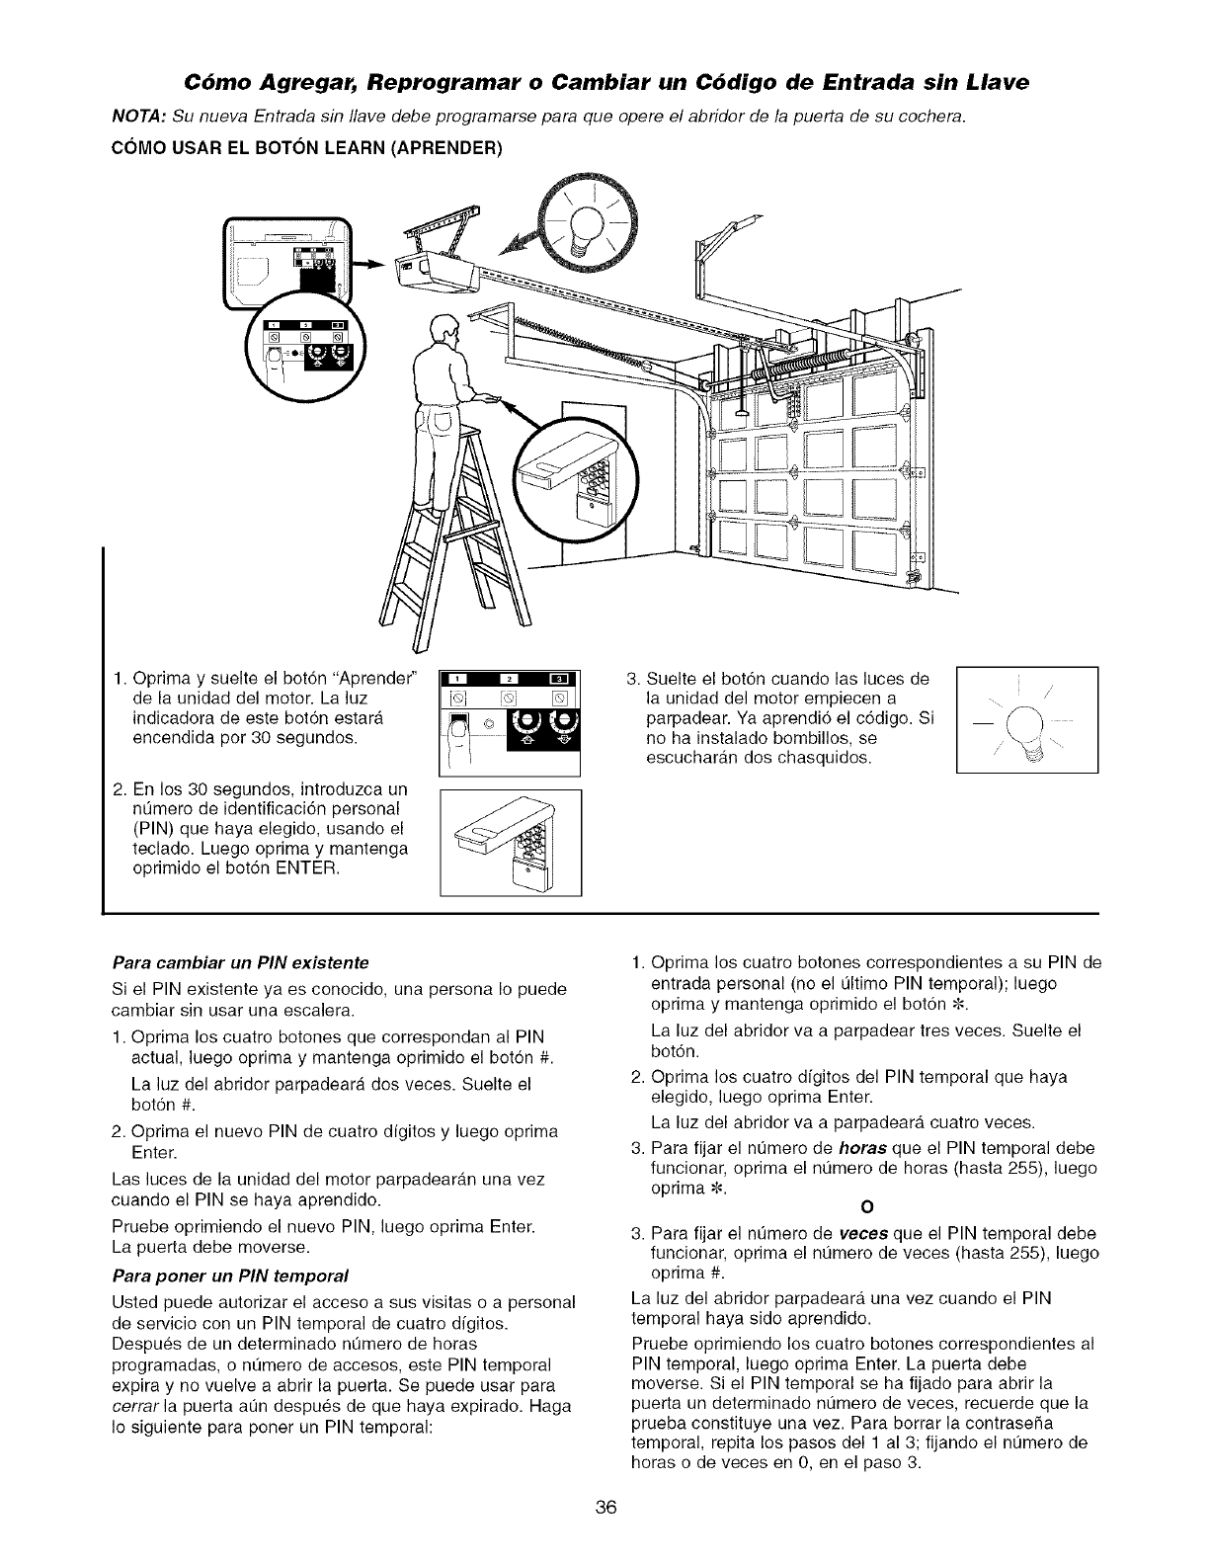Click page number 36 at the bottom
point(605,1535)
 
